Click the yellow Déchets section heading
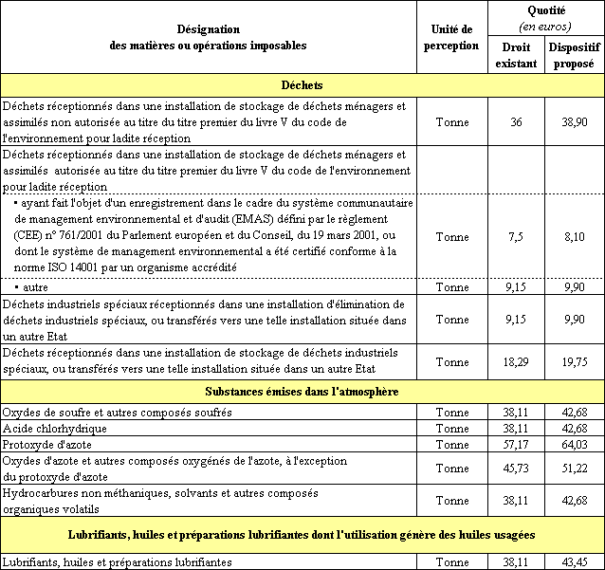click(x=302, y=84)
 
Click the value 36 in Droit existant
click(x=516, y=122)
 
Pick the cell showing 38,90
click(x=573, y=122)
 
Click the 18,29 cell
click(x=516, y=361)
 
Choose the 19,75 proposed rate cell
click(x=573, y=361)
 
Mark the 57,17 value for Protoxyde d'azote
click(x=516, y=443)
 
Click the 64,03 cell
click(x=573, y=443)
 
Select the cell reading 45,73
click(x=516, y=468)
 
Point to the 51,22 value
click(x=573, y=468)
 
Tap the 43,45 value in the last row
click(x=573, y=562)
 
